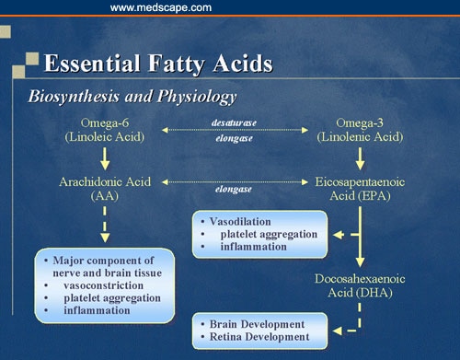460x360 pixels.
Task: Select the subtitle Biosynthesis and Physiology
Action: tap(132, 96)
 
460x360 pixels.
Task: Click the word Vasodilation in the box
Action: tap(243, 222)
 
